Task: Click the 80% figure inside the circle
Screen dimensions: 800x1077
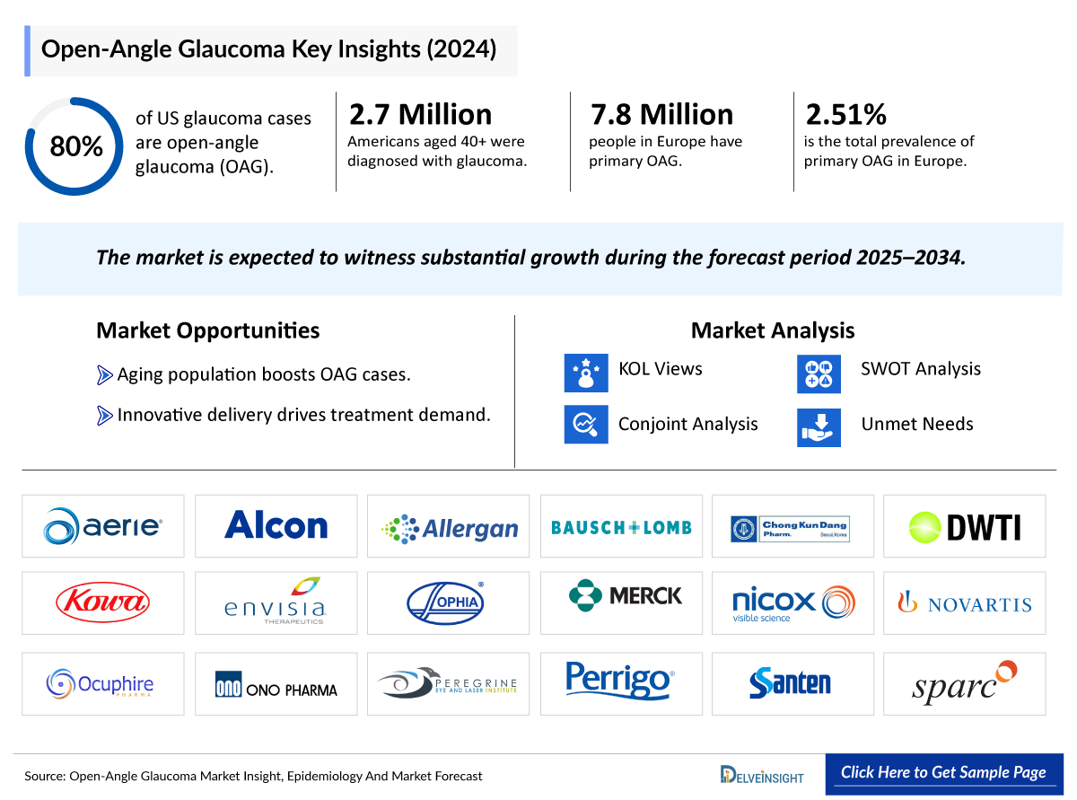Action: point(75,146)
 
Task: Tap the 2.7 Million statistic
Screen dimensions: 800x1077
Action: point(420,114)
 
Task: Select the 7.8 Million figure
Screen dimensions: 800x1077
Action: point(661,114)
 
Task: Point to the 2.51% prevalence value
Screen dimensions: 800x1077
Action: point(846,114)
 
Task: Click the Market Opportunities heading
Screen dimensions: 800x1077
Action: point(207,330)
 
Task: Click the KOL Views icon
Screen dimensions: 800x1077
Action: point(586,373)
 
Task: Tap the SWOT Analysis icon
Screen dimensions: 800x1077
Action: point(819,373)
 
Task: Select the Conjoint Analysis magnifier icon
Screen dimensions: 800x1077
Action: point(586,425)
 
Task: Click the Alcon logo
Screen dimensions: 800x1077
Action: point(276,525)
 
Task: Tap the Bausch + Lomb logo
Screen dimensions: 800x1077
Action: point(621,527)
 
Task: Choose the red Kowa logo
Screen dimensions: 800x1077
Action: point(102,602)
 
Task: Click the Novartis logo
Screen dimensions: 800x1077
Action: point(965,604)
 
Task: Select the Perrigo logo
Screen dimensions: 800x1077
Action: point(620,681)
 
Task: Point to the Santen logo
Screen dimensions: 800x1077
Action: point(791,682)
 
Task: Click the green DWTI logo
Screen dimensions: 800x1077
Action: point(965,527)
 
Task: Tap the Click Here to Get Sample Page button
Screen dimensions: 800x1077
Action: point(943,772)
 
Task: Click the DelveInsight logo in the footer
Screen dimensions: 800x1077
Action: point(762,775)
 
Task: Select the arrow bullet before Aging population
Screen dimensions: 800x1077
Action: point(104,374)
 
